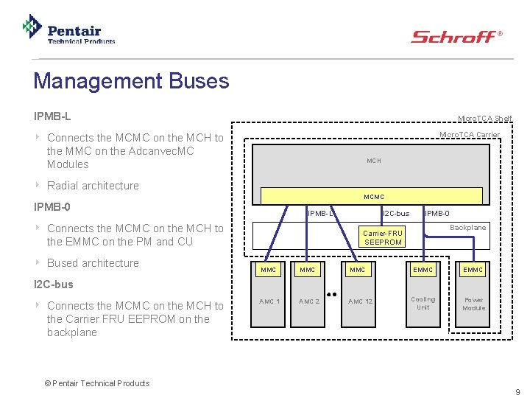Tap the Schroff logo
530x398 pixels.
coord(456,36)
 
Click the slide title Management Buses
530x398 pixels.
coord(131,80)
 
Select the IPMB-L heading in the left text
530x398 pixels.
coord(52,116)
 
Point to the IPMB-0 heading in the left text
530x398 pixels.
coord(52,207)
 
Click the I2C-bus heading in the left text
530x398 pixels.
coord(54,284)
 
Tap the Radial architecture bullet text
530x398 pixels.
coord(92,186)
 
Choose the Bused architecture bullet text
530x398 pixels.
coord(92,263)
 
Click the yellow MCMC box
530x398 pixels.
coord(374,196)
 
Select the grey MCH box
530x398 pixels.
coord(374,160)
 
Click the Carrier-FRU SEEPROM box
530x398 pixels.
coord(383,237)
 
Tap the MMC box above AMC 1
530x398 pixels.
coord(269,270)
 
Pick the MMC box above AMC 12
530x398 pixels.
coord(358,270)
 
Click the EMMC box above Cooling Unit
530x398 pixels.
coord(423,270)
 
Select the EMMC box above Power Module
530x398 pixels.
coord(473,270)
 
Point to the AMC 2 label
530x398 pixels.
coord(309,301)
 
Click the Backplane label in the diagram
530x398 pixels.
coord(467,228)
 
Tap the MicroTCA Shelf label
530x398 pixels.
coord(484,119)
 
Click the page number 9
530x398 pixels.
coord(517,391)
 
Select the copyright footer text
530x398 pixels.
coord(96,383)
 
